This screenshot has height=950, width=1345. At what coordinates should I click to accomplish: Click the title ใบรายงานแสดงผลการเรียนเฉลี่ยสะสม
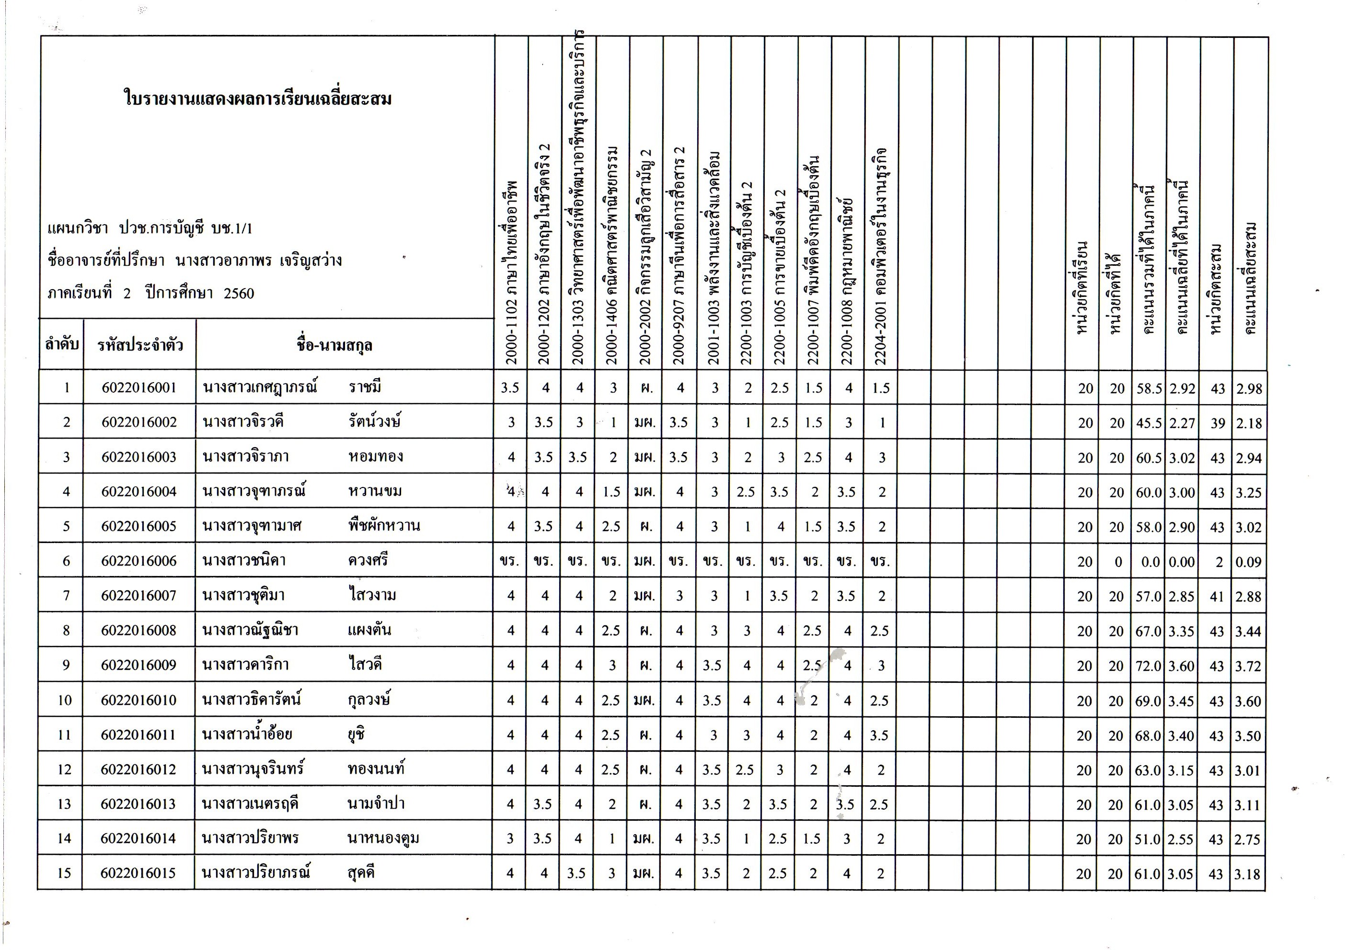(258, 98)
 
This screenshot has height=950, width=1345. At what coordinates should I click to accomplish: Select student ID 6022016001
(139, 387)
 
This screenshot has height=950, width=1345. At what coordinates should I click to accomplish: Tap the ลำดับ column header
(61, 344)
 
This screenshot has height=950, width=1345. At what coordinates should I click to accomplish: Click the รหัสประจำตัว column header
(140, 345)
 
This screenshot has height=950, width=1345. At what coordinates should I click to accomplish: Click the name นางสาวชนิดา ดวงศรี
(295, 560)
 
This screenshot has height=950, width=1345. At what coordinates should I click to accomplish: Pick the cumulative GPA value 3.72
(1248, 666)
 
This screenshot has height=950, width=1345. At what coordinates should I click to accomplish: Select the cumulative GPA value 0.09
(1248, 562)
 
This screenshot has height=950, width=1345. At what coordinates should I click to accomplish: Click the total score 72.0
(1148, 666)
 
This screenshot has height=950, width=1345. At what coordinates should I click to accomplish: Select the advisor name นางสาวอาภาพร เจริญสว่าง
(258, 260)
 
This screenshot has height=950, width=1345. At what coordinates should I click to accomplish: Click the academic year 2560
(239, 293)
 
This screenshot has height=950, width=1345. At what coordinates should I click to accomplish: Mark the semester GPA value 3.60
(1182, 666)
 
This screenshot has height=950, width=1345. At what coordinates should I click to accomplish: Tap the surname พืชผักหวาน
(384, 526)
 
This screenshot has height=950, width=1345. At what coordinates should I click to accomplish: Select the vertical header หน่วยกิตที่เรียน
(1082, 287)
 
